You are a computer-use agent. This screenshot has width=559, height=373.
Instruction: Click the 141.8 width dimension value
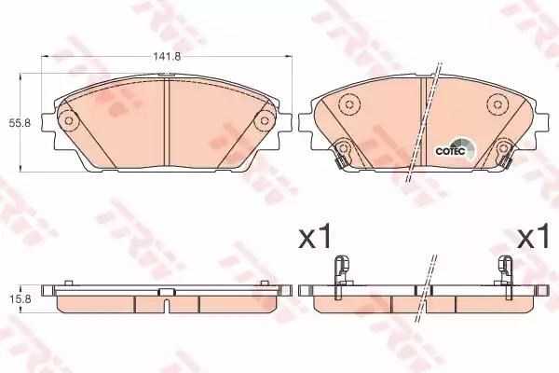[167, 56]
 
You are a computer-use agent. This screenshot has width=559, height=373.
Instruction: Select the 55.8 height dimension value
[20, 123]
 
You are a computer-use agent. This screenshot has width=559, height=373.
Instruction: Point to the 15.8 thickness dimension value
[20, 298]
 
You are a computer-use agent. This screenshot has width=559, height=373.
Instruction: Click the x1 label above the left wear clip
[315, 236]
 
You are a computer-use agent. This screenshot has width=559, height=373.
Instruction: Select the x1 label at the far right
[534, 236]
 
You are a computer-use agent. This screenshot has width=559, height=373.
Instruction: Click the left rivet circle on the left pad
[68, 120]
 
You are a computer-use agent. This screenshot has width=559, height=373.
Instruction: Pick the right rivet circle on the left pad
[265, 120]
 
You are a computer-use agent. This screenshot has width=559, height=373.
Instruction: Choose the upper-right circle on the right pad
[497, 104]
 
